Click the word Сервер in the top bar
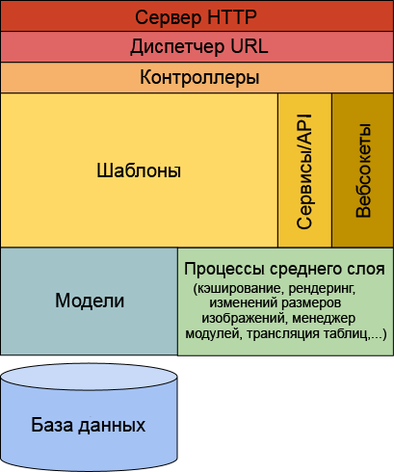169,17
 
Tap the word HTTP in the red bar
232,17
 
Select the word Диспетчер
177,47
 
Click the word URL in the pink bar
250,46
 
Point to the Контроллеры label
199,78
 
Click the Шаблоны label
139,170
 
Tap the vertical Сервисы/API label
304,171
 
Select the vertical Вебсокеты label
363,170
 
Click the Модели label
90,301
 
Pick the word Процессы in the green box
224,269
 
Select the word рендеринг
321,289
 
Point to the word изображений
243,319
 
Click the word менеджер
324,319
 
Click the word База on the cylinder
52,425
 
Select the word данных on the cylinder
112,426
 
